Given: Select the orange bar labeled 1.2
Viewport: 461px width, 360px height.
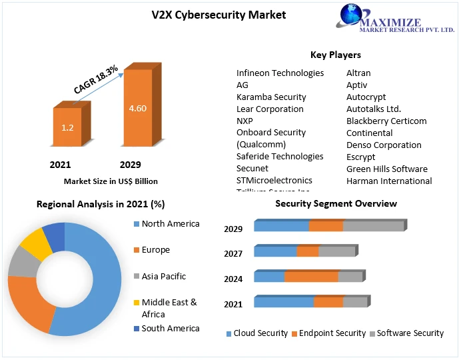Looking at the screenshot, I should click(67, 127).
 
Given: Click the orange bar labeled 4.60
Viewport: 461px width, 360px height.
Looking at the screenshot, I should click(137, 108).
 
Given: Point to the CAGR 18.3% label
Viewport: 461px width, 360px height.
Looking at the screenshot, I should click(96, 79).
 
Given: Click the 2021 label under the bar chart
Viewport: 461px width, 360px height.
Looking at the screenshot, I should click(60, 165).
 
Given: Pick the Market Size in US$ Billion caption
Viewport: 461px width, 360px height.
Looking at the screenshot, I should click(111, 181).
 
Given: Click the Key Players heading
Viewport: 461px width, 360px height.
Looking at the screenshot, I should click(335, 55).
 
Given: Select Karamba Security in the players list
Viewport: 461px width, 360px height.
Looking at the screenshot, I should click(271, 97).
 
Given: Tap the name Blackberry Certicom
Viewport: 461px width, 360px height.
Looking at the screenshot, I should click(386, 121).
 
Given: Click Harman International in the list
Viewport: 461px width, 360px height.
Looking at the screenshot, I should click(389, 181).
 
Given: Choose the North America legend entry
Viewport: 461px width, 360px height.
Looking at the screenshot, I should click(170, 223).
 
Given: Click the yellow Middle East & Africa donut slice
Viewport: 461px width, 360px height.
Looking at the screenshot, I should click(36, 244).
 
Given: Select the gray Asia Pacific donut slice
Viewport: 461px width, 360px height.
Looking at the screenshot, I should click(23, 264).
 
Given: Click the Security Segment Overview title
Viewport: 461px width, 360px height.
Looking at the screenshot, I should click(336, 203).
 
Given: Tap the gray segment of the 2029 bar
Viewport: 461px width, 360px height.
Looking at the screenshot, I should click(373, 226).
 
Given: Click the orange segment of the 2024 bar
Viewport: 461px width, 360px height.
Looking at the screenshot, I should click(311, 277).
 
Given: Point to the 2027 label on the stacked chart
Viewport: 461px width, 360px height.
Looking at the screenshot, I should click(233, 253).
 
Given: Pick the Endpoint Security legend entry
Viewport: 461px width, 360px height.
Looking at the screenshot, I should click(332, 333).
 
